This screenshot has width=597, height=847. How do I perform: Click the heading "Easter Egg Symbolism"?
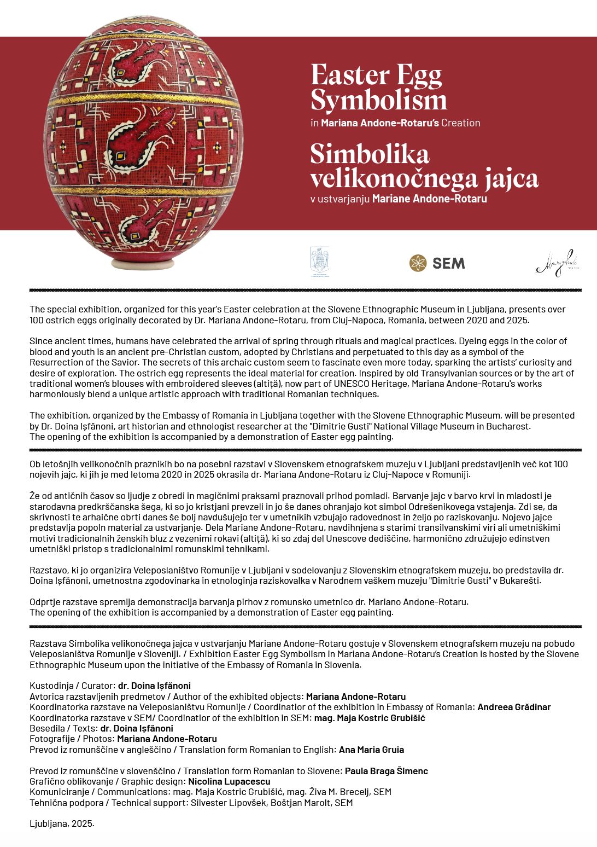[378, 88]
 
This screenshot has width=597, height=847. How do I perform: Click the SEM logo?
[437, 263]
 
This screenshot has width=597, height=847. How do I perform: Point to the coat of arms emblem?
[319, 262]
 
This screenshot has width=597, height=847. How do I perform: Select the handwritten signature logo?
[557, 263]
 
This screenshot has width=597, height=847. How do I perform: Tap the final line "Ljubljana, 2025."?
[62, 823]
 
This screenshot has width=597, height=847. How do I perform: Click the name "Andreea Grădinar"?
[514, 707]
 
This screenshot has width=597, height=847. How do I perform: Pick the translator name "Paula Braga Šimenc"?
[386, 771]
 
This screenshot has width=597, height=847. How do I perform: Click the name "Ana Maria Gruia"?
[371, 750]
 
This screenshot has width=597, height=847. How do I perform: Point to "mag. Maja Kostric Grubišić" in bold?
[369, 718]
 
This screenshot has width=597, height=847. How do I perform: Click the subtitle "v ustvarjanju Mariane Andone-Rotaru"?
[399, 199]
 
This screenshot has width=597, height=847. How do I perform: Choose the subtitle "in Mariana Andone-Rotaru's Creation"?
[395, 123]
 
